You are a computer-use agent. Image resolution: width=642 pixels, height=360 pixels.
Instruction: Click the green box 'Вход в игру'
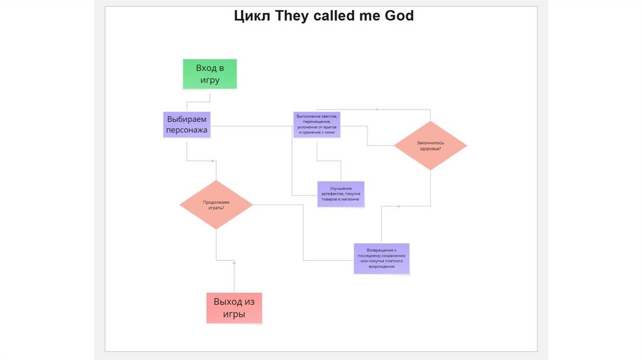tap(210, 73)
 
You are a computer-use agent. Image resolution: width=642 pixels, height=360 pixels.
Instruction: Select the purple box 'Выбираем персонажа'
tap(186, 124)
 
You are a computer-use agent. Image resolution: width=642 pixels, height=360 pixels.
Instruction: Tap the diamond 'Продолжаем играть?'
tap(216, 204)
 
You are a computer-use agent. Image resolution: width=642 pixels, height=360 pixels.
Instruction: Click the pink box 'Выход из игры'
tap(234, 307)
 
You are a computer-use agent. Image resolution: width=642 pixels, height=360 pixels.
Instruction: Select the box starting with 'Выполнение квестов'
tap(317, 124)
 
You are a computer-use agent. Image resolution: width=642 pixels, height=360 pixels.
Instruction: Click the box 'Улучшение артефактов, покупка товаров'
tap(340, 194)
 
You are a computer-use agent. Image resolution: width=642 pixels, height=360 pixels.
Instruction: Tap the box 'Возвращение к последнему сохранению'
tap(381, 258)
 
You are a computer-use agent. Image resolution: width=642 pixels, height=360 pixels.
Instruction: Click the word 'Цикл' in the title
tap(252, 16)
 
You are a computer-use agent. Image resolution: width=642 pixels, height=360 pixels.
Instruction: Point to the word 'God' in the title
tap(399, 16)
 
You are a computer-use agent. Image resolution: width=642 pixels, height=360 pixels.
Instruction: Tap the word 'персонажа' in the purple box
tap(186, 130)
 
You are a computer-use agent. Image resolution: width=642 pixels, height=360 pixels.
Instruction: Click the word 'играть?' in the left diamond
tap(216, 208)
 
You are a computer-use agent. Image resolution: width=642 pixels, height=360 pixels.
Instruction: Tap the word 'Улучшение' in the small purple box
tap(340, 188)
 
